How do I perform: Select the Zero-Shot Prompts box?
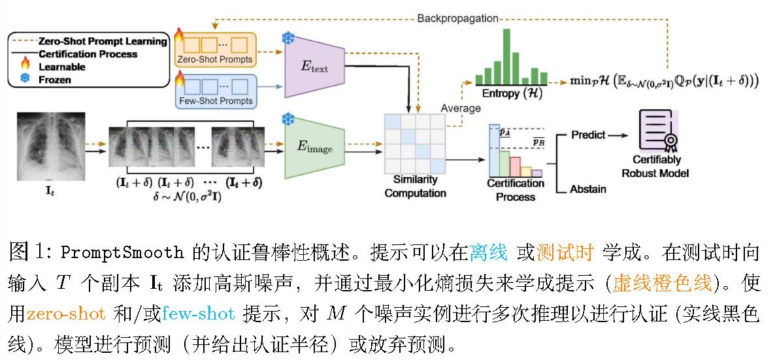[215, 50]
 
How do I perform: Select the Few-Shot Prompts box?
[215, 91]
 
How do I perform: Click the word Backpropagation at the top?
[457, 18]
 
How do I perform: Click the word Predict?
[588, 135]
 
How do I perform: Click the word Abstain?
[588, 189]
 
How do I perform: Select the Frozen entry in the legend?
[55, 80]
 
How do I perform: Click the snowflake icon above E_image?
[288, 120]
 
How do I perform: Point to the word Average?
[461, 108]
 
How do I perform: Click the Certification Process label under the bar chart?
[516, 189]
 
